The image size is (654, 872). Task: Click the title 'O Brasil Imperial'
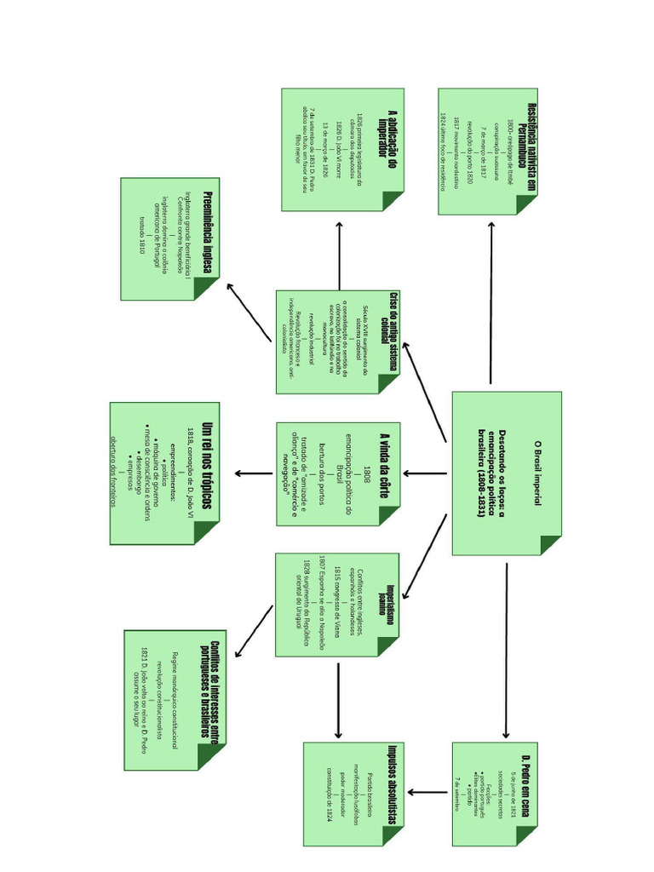[537, 473]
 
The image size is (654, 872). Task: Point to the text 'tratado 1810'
[141, 240]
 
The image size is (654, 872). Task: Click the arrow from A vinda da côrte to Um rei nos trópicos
[254, 473]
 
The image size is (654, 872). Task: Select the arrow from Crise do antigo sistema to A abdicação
[340, 255]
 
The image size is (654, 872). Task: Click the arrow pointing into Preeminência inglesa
[249, 312]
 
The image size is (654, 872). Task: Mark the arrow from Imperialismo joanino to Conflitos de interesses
[254, 630]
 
